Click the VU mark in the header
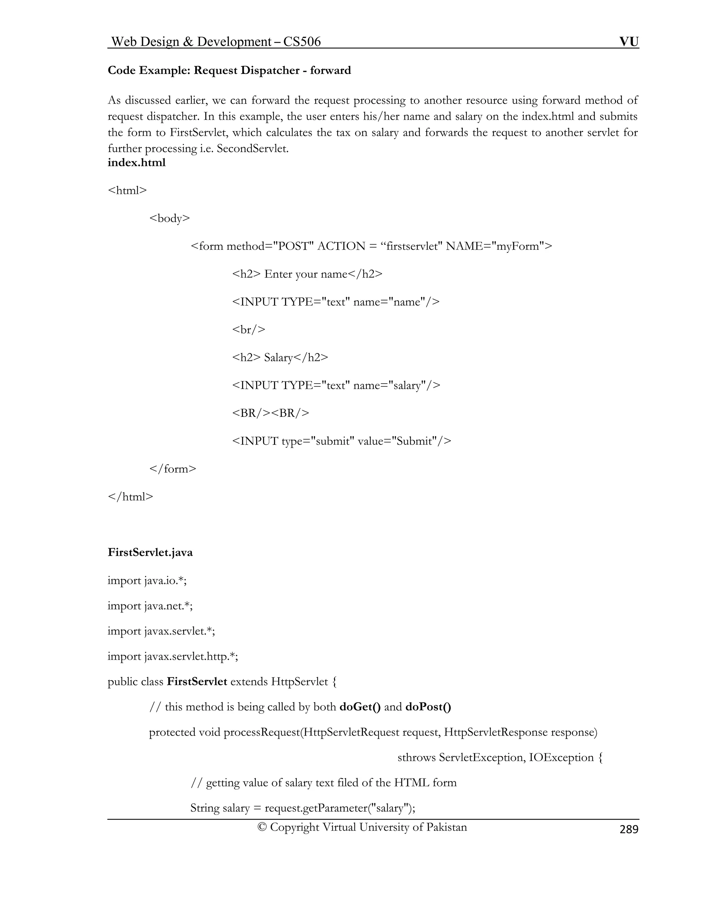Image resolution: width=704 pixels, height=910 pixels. pos(628,42)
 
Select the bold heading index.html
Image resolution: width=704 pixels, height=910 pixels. pos(136,162)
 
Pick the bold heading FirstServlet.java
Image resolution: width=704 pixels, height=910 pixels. pos(150,553)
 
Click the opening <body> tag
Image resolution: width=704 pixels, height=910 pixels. pos(169,218)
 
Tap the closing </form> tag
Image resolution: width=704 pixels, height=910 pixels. pos(173,469)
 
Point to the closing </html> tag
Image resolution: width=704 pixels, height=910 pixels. pos(131,497)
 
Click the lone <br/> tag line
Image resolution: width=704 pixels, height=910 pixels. pos(249,330)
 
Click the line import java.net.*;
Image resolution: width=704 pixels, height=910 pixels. pos(150,605)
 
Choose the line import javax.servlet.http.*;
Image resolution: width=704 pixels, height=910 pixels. pos(173,656)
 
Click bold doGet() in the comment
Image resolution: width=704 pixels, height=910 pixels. pos(360,707)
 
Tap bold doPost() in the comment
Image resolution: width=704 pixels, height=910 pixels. pos(428,707)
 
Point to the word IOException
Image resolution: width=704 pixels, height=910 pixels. pos(561,758)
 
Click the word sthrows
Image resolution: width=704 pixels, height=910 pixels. pos(416,758)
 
